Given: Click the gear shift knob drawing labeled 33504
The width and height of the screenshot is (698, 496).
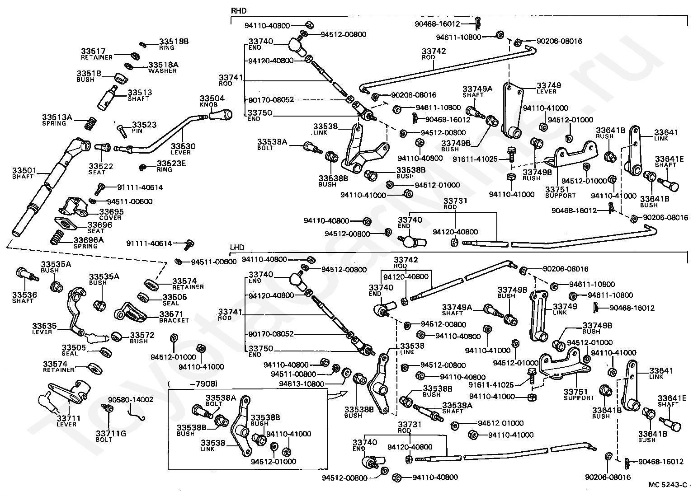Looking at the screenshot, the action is (x=221, y=115).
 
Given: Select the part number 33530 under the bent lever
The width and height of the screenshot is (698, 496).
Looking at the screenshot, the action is (x=183, y=146).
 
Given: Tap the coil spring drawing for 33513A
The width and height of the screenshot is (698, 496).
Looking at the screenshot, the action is (x=90, y=123).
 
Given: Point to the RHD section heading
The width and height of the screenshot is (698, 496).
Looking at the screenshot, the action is (x=238, y=11).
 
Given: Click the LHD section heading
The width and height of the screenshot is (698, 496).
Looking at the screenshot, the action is (x=237, y=248).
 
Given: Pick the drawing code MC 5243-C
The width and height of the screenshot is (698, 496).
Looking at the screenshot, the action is (x=668, y=484).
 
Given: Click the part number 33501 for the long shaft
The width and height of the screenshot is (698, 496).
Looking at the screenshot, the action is (x=24, y=170).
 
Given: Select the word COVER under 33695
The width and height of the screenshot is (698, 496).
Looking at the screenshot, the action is (x=110, y=218).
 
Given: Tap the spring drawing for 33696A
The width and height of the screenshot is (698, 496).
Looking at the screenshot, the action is (x=57, y=238).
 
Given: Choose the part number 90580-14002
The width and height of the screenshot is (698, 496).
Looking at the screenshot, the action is (x=131, y=399).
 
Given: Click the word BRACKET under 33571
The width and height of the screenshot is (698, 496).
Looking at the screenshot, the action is (x=174, y=320).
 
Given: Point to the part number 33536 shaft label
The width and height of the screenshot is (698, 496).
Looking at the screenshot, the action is (x=24, y=295).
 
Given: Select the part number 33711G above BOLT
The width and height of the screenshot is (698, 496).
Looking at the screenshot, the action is (x=111, y=433).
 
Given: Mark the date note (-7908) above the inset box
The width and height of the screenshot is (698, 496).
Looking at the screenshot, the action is (x=193, y=384).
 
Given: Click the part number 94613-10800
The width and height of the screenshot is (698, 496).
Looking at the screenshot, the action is (x=302, y=384).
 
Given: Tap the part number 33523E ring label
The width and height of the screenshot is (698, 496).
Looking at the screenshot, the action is (x=171, y=164).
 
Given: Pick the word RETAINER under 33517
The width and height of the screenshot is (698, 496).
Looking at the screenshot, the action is (x=97, y=57).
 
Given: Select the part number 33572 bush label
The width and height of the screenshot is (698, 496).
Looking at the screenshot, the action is (x=142, y=335).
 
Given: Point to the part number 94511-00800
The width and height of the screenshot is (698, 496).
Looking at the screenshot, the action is (x=293, y=374).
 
